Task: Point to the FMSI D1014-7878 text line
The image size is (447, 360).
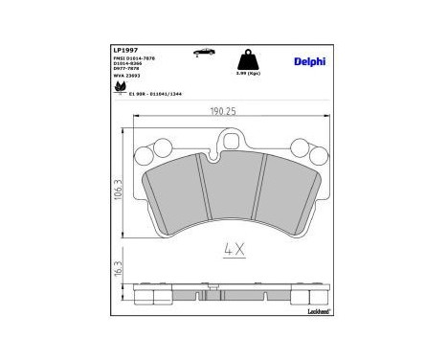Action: [134, 59]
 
